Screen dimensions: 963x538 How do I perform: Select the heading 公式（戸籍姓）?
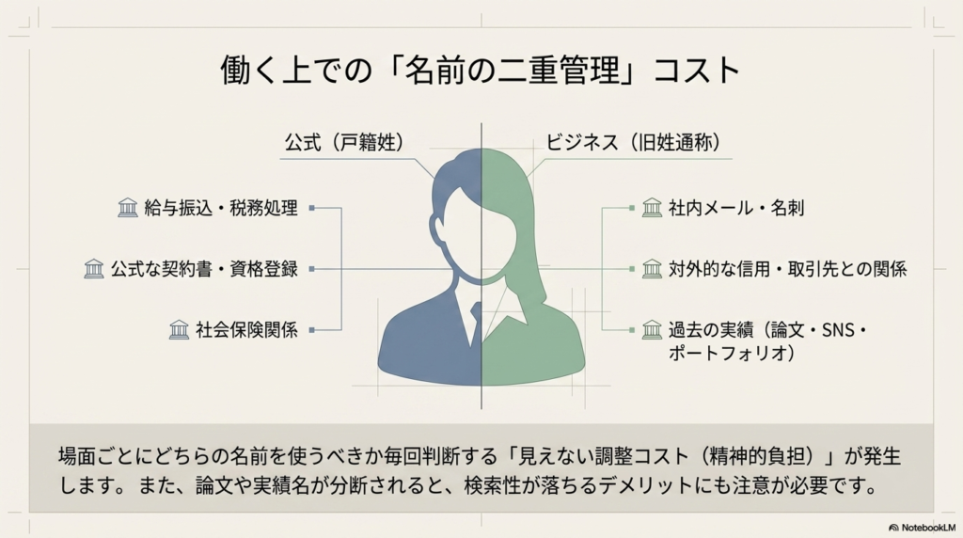coord(344,144)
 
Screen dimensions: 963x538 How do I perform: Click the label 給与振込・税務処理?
coord(221,208)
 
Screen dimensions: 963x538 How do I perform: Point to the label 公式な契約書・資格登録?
coord(204,269)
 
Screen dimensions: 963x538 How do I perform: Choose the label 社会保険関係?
coord(246,329)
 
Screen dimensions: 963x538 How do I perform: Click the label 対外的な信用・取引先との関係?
coord(787,269)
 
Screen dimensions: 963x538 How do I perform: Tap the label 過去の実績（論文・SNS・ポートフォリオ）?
coord(767,340)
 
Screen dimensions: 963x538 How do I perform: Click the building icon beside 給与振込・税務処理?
coord(128,208)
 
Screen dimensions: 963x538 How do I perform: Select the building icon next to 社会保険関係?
coord(179,329)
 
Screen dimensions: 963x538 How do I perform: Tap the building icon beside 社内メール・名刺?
coord(652,208)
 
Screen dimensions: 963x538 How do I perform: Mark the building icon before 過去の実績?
coord(652,329)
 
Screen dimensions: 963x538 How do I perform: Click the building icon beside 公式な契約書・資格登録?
coord(94,269)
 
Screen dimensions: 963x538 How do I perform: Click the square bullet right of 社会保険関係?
coord(311,329)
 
